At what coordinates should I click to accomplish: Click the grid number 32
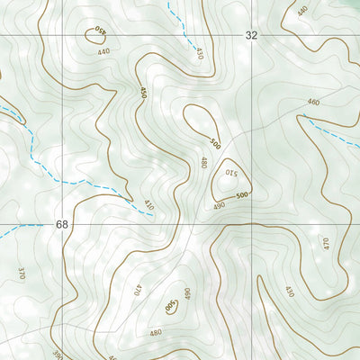(251, 35)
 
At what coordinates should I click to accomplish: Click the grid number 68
(61, 223)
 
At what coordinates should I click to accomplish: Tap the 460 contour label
(313, 103)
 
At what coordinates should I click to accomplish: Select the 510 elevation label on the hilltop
(230, 173)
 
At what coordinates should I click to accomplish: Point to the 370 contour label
(21, 273)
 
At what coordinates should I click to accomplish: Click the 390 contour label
(58, 355)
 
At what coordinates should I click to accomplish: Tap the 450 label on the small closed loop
(101, 33)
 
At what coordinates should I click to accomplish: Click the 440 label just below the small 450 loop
(103, 52)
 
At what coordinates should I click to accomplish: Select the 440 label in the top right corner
(301, 10)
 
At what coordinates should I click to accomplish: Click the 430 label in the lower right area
(289, 292)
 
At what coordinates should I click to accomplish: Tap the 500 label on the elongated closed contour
(214, 143)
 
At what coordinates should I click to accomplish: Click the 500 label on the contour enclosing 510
(241, 195)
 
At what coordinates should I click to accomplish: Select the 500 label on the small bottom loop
(171, 307)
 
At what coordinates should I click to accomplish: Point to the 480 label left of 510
(204, 164)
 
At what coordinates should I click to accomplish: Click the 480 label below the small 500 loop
(156, 332)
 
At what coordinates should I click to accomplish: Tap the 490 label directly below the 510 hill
(219, 206)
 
